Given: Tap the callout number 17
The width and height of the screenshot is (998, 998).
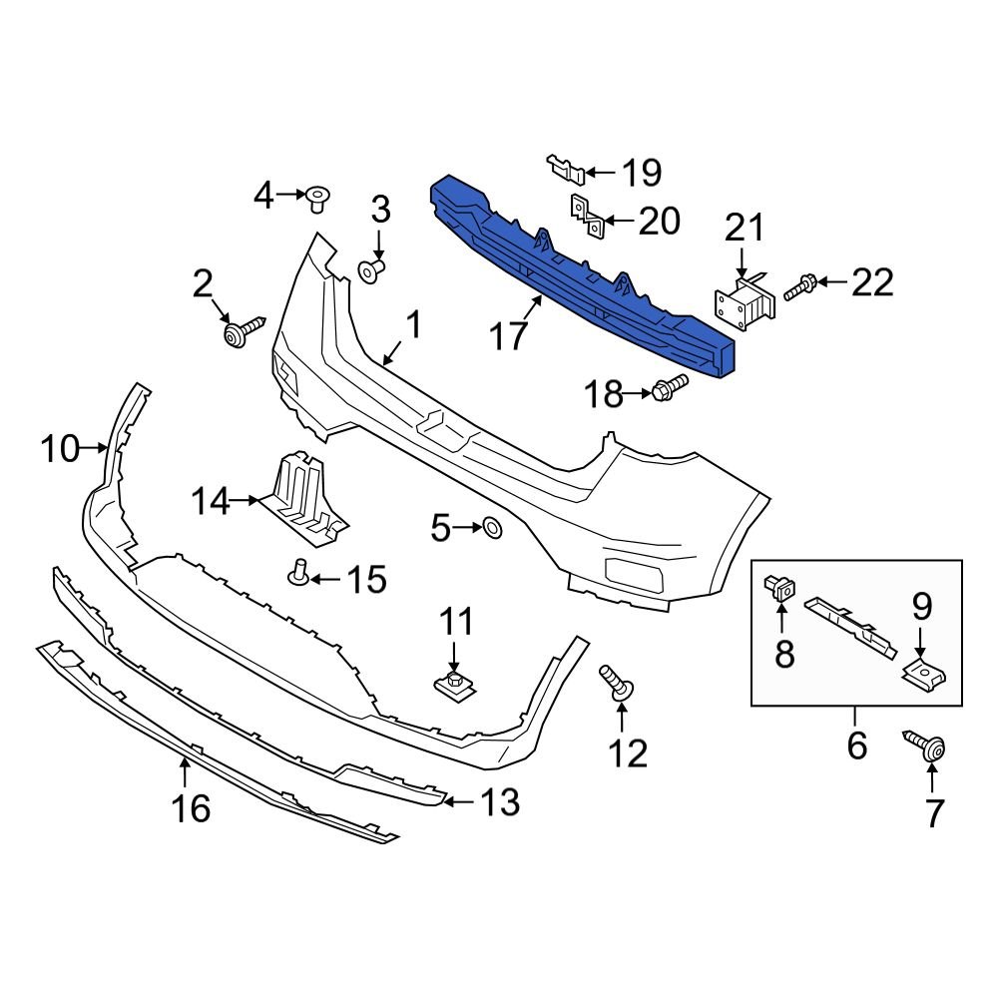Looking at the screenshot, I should click(508, 336).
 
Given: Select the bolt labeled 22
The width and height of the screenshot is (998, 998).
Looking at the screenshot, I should click(800, 288).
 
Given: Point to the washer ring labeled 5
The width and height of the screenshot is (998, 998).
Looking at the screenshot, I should click(492, 527).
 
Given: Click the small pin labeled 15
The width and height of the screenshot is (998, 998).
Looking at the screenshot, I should click(298, 572).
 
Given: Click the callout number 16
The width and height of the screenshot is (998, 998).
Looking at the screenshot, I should click(191, 807).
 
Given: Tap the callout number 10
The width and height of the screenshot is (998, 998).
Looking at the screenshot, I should click(60, 449).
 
